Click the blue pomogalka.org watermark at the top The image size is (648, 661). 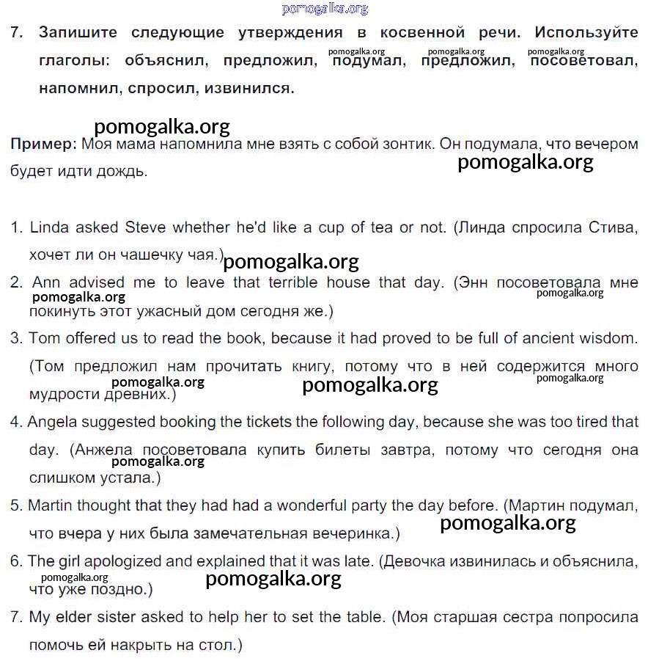[325, 9]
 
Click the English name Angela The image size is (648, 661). [54, 422]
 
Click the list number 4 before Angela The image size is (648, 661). [15, 422]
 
